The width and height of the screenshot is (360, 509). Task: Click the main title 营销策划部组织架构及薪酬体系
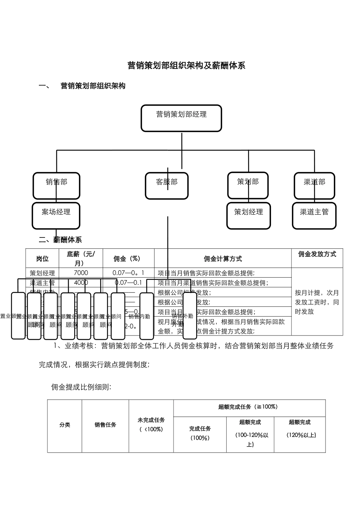(x=186, y=66)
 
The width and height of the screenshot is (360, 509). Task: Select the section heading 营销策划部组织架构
(x=93, y=86)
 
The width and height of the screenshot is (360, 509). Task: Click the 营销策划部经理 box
(x=181, y=118)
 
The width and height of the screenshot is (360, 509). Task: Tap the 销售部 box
(x=56, y=186)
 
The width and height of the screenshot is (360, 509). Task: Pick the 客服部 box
(x=167, y=186)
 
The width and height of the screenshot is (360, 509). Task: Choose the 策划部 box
(x=248, y=185)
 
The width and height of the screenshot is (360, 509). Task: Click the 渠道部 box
(x=314, y=186)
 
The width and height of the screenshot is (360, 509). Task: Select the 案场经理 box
(x=56, y=215)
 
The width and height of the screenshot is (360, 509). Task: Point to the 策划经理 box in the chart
(x=249, y=215)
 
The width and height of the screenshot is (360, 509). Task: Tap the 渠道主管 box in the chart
(x=314, y=215)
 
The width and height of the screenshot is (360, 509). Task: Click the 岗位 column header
(x=42, y=259)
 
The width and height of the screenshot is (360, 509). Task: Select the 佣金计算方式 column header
(x=223, y=259)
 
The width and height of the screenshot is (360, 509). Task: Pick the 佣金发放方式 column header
(x=317, y=254)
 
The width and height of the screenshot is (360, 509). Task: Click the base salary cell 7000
(x=81, y=273)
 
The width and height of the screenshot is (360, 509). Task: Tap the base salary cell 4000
(x=81, y=283)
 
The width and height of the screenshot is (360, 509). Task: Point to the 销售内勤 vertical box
(x=147, y=316)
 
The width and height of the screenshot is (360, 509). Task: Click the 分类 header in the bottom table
(x=65, y=425)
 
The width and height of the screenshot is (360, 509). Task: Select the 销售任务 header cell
(x=105, y=425)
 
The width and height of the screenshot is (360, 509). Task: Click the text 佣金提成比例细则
(x=81, y=387)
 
